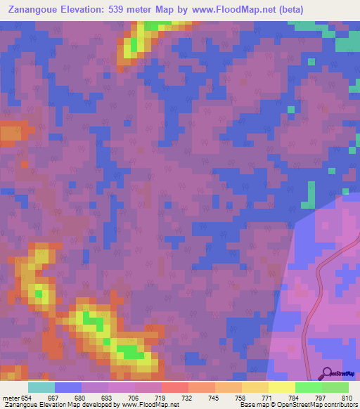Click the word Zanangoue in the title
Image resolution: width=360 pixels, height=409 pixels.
tap(32, 10)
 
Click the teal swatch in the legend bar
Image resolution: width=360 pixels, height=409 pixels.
tap(41, 387)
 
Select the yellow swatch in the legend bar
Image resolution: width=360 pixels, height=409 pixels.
tap(281, 387)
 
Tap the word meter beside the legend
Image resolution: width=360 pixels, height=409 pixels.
tap(10, 397)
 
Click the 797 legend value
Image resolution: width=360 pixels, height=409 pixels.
tap(321, 397)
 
